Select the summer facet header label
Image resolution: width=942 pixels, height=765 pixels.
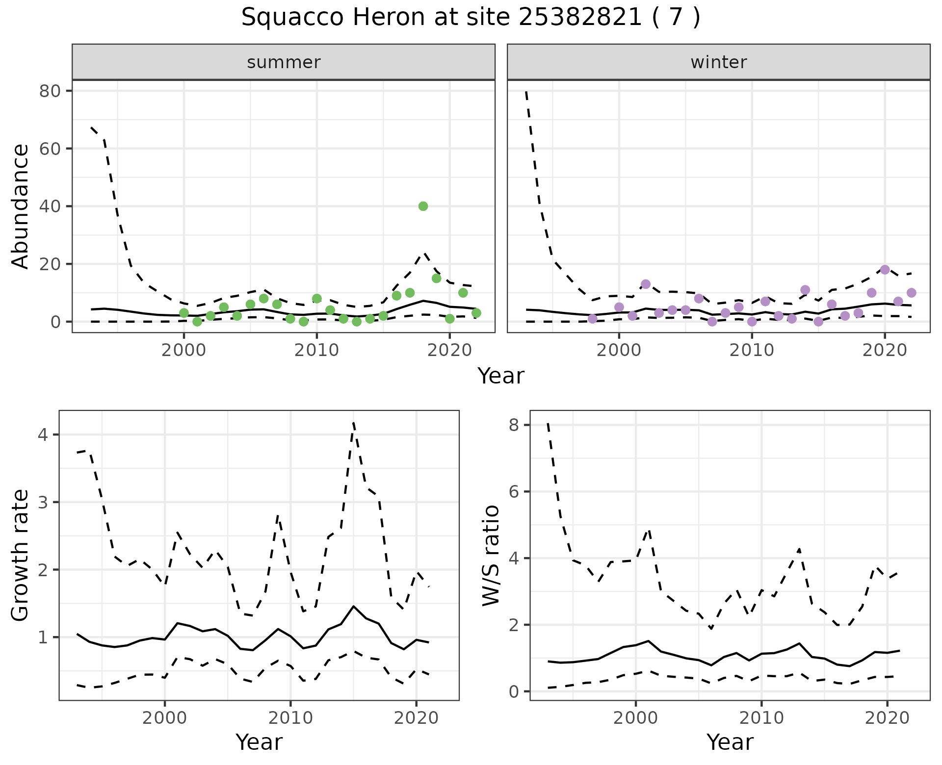tap(284, 62)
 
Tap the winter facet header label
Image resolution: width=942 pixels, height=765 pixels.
tap(718, 62)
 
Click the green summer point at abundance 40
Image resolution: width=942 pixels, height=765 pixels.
tap(423, 206)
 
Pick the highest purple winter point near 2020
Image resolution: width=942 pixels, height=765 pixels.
tap(885, 270)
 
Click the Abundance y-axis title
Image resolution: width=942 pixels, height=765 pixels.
tap(21, 206)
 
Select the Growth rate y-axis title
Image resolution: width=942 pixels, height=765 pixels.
tap(21, 555)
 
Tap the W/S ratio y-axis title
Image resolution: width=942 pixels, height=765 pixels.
tap(491, 555)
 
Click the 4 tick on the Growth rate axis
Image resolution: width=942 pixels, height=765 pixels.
tap(47, 435)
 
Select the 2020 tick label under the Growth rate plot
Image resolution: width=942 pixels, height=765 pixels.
tap(416, 718)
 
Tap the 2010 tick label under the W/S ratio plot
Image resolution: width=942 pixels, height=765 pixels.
tap(761, 718)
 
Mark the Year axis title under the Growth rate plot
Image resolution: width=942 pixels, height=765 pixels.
tap(259, 742)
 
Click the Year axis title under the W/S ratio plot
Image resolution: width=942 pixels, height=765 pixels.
tap(730, 742)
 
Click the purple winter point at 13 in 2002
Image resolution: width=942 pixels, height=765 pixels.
tap(645, 284)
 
